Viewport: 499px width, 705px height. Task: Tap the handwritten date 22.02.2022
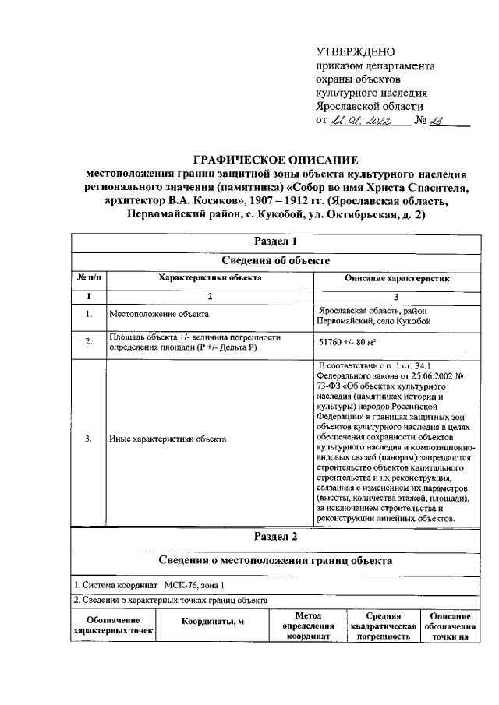coord(359,120)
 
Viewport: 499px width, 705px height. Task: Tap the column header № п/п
coord(88,278)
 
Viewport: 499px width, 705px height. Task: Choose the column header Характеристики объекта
coord(210,278)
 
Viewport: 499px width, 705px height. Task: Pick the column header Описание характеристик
coord(397,278)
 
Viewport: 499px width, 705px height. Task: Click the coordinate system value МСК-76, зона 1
coord(196,585)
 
